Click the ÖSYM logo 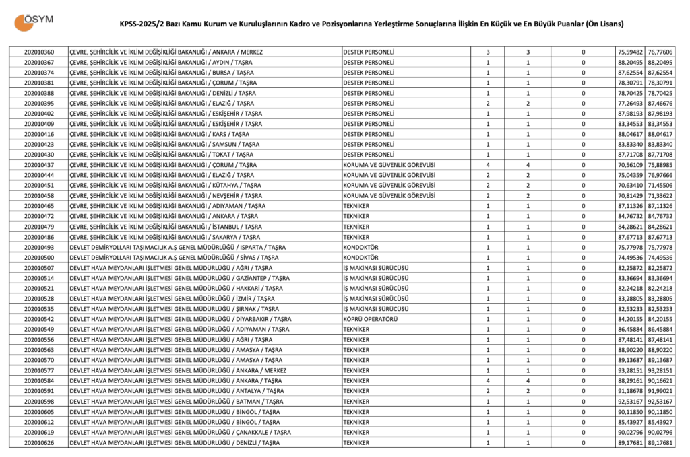(x=30, y=22)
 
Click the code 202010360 (x=39, y=52)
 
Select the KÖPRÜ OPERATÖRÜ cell (x=369, y=319)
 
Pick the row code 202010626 (x=39, y=443)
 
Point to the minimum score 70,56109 (x=631, y=165)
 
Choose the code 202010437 (x=39, y=165)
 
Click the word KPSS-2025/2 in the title (x=139, y=24)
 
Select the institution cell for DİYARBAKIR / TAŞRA (x=181, y=319)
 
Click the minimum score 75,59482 (x=631, y=52)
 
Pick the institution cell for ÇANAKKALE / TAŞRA (x=181, y=432)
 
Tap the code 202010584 (x=39, y=380)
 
